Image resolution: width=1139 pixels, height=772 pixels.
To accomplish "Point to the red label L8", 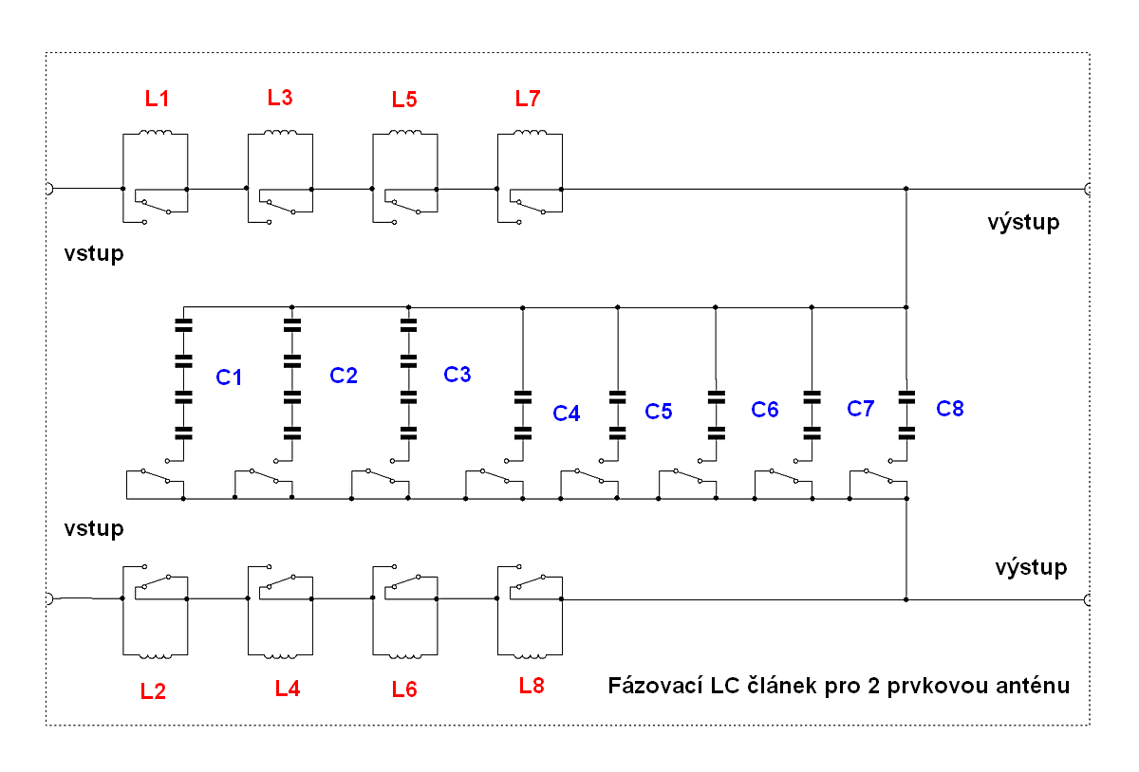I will pos(532,685).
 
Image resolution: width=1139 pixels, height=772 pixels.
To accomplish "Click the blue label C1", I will pos(229,377).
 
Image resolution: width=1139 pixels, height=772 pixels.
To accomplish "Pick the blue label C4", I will pos(567,414).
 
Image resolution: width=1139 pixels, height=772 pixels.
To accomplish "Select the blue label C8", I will pos(949,409).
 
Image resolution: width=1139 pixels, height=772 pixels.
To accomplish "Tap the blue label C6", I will pos(765,410).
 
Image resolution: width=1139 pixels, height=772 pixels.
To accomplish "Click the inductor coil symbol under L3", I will pos(279,134).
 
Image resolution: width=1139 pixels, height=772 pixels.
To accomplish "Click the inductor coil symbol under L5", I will pos(404,134).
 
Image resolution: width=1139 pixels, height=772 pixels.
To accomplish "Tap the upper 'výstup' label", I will pos(1023,224).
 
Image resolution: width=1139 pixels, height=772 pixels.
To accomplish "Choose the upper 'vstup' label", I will pos(94,254).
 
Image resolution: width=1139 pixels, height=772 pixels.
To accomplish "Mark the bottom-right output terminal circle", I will pos(1088,599).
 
